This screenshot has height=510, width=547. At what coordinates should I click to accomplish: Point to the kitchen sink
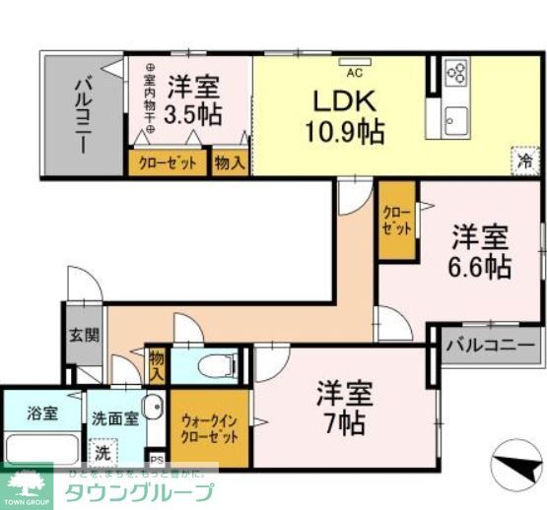(455, 122)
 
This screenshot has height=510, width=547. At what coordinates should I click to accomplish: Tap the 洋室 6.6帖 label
(480, 251)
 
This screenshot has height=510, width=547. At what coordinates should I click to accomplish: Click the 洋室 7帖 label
(344, 409)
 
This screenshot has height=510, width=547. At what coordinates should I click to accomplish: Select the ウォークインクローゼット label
(208, 430)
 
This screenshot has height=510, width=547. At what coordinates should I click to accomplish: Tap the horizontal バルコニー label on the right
(490, 346)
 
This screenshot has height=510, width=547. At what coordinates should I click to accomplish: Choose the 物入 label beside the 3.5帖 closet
(230, 162)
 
